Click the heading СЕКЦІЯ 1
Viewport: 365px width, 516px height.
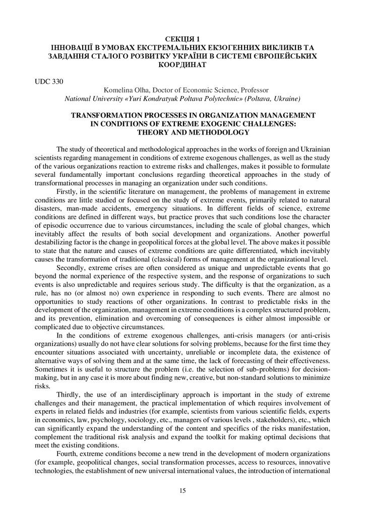[x=182, y=39]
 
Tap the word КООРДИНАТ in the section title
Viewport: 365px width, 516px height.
[x=182, y=65]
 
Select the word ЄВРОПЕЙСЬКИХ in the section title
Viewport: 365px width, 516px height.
[x=288, y=56]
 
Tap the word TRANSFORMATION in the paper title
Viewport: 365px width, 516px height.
[x=106, y=115]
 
